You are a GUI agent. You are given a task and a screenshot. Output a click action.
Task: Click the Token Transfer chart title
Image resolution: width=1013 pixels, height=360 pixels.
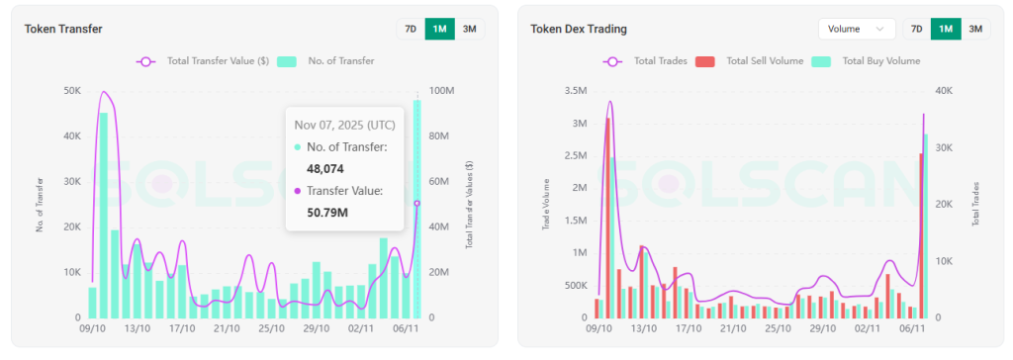(63, 29)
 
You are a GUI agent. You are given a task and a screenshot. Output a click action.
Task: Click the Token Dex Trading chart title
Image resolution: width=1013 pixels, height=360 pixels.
(579, 29)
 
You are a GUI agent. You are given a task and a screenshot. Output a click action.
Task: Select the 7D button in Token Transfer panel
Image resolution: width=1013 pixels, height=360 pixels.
(410, 29)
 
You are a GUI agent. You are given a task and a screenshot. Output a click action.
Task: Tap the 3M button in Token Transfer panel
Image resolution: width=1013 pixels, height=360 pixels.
(469, 29)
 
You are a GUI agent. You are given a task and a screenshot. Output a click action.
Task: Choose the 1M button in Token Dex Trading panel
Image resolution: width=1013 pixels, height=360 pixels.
(946, 29)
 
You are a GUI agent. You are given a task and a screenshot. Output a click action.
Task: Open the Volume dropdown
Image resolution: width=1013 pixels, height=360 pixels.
(856, 29)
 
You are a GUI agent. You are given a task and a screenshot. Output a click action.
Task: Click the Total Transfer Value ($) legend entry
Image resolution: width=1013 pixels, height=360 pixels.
(203, 61)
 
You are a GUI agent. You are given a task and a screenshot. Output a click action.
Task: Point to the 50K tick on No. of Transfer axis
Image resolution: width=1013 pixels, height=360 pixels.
(72, 91)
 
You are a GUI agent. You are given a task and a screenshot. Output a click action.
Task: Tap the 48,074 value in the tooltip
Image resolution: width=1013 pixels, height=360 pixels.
(324, 169)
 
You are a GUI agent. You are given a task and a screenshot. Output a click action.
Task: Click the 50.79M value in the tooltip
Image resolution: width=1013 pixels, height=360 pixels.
(327, 212)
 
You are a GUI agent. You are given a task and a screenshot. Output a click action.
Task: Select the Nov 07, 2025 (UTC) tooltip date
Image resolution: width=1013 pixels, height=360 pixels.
(343, 125)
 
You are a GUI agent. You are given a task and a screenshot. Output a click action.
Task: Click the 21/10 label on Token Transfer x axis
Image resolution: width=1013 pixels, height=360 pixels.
(227, 328)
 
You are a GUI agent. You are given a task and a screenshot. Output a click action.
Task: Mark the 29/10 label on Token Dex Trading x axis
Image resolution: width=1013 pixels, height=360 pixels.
(822, 328)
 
